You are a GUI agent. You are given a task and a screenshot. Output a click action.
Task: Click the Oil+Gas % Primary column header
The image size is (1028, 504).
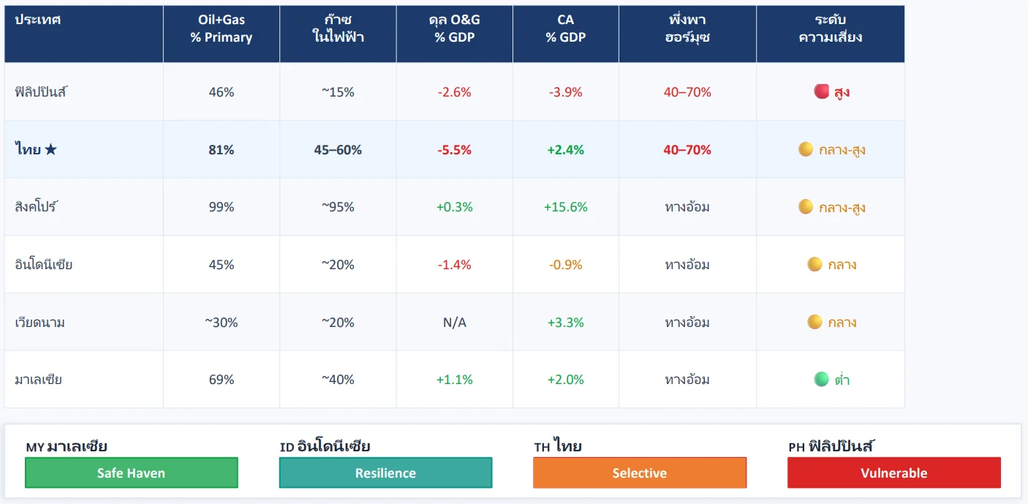221,29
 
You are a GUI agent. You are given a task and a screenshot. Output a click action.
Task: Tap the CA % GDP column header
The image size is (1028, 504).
565,29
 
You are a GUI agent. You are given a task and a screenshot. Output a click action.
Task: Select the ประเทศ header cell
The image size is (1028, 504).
37,20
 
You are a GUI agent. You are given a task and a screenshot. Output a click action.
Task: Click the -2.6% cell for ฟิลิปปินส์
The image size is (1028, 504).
454,92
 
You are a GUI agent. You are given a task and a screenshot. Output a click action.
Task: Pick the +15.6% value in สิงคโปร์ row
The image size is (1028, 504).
565,207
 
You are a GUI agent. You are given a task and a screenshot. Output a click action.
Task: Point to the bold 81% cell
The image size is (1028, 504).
221,150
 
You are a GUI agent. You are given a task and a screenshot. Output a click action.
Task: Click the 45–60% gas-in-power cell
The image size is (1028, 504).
338,150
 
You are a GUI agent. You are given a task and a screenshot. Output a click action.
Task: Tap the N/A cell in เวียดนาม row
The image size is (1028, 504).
454,323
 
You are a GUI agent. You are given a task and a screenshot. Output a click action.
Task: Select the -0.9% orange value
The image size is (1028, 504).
565,265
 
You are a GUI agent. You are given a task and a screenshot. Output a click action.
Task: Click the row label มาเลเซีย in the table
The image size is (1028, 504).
38,380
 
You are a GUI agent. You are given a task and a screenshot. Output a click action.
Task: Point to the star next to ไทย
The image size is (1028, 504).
50,150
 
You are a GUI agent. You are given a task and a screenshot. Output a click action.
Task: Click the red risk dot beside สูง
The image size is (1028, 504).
821,91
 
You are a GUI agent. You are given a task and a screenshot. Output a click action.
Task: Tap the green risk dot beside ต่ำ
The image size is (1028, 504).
821,379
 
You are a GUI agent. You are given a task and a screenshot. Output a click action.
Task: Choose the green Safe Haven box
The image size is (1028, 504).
132,473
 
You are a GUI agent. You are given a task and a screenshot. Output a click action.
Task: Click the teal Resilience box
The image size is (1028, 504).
385,473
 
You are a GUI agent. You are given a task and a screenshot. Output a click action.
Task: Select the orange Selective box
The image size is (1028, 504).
640,473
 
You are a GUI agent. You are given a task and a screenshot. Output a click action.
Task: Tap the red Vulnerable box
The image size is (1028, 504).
893,473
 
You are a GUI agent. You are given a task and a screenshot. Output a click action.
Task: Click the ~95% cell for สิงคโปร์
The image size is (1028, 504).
338,207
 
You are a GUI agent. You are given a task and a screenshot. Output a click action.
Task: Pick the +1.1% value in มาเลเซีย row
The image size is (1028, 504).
454,380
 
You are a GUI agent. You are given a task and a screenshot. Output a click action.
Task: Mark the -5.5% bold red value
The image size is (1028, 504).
454,150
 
